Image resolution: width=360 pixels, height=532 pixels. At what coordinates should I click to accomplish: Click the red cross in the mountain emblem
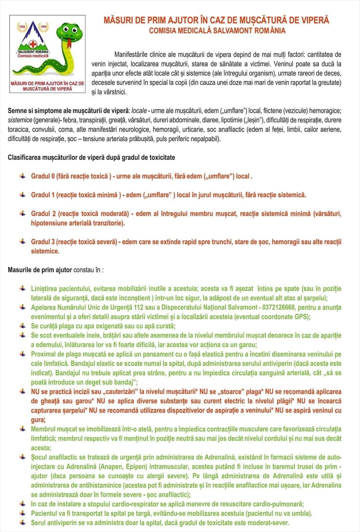(x=33, y=44)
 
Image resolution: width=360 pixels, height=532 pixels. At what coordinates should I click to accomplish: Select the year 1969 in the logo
(x=43, y=26)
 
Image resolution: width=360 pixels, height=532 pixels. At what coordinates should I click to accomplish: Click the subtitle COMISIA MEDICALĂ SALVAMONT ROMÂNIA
(x=217, y=31)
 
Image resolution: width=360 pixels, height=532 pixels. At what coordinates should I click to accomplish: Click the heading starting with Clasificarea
(x=91, y=157)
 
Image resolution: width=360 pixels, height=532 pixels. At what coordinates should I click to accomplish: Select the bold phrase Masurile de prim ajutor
(x=40, y=270)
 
